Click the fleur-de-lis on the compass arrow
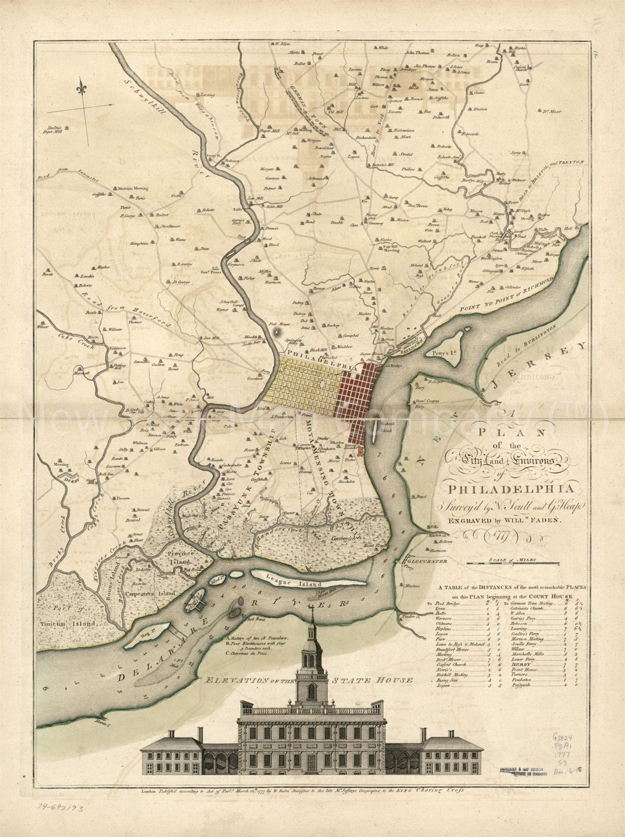[83, 87]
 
